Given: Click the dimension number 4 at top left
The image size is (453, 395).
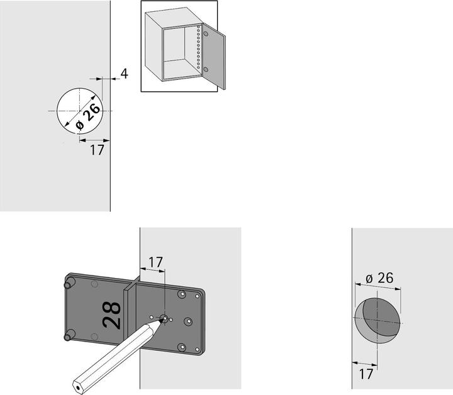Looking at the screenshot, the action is [124, 74].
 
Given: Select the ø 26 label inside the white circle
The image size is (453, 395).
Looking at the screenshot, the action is [88, 117].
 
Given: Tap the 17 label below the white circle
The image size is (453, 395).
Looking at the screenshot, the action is [97, 150].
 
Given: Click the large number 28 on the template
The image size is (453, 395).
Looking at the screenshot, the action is [111, 315].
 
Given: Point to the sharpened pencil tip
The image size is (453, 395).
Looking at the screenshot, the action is [162, 321].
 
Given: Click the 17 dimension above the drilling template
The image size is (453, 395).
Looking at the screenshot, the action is [155, 262].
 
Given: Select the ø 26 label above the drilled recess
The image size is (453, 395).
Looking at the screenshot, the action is [379, 278].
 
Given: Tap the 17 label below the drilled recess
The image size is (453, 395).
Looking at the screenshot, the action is [366, 374].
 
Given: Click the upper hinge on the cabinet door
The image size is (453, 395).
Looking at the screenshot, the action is [206, 34].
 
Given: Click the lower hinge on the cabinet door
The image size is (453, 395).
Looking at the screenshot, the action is [206, 70].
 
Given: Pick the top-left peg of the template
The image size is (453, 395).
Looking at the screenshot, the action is [69, 282].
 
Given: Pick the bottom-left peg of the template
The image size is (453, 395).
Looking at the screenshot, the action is [69, 335].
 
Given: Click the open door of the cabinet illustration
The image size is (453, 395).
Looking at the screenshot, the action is [214, 57].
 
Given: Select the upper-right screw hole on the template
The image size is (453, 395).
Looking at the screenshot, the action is [182, 295].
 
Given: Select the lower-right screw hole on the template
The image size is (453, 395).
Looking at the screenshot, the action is [182, 347].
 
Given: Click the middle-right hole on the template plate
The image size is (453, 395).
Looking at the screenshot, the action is [188, 321].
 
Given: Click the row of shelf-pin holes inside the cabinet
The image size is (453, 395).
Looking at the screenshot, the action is [198, 47].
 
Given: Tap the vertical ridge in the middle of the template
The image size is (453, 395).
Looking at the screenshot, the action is [131, 309].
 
